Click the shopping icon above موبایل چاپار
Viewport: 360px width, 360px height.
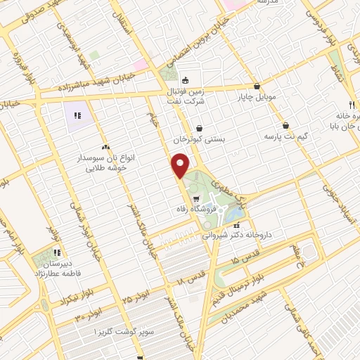(x=257, y=85)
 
